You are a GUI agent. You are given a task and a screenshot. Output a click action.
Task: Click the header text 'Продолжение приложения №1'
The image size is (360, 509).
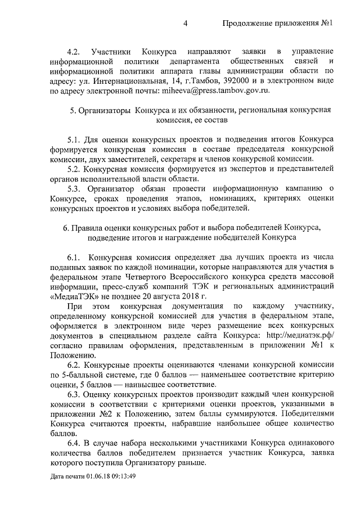coord(278,23)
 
